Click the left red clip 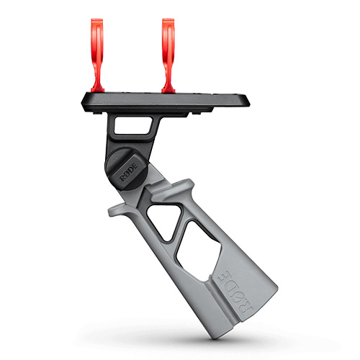(x=97, y=55)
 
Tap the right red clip (x=168, y=55)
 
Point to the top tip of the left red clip (x=97, y=19)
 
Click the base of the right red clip (x=168, y=89)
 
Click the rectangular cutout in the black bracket (x=133, y=125)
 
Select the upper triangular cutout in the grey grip (x=164, y=221)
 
